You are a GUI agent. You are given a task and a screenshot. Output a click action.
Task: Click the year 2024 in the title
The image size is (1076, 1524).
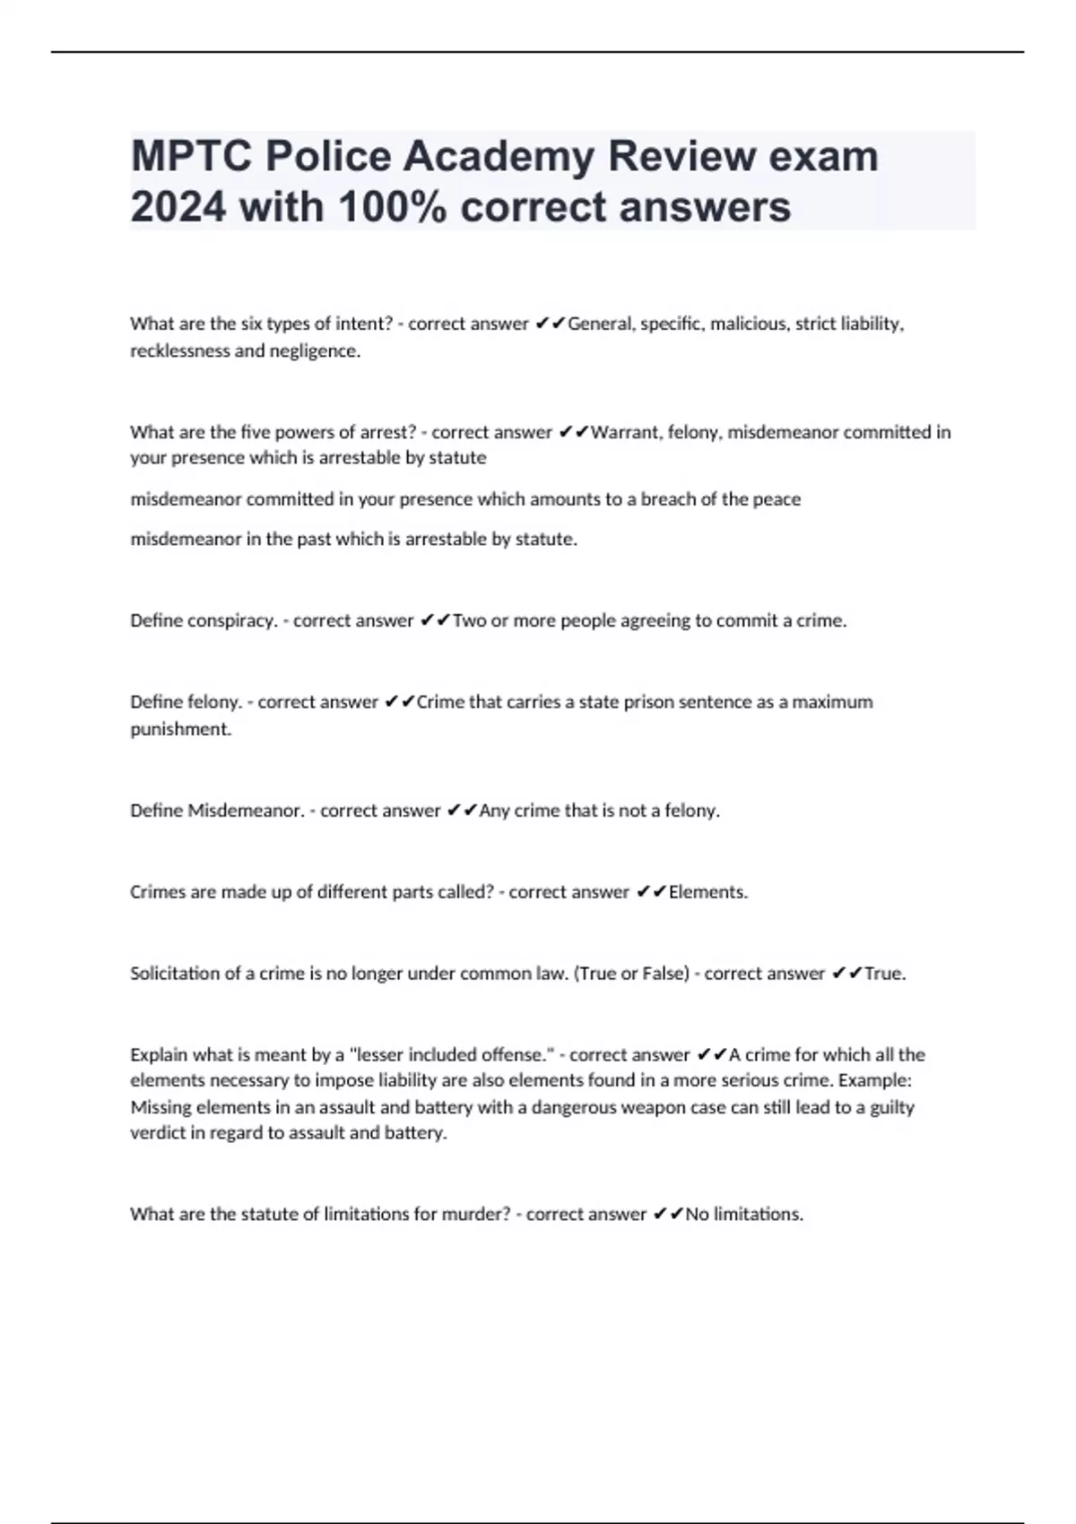click(178, 207)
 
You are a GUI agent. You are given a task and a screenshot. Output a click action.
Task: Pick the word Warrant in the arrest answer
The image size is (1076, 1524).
click(626, 432)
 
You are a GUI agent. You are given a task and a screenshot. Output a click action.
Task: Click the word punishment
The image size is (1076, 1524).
click(180, 729)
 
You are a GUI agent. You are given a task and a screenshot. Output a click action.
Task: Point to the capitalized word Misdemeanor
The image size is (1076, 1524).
click(245, 810)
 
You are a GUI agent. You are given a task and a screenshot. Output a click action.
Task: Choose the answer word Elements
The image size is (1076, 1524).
click(707, 892)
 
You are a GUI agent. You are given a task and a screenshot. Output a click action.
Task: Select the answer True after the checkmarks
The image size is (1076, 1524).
click(885, 974)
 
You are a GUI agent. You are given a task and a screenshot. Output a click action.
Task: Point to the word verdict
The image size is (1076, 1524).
click(154, 1133)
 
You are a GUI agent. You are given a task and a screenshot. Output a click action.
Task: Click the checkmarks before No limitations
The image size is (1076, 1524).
click(668, 1214)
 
